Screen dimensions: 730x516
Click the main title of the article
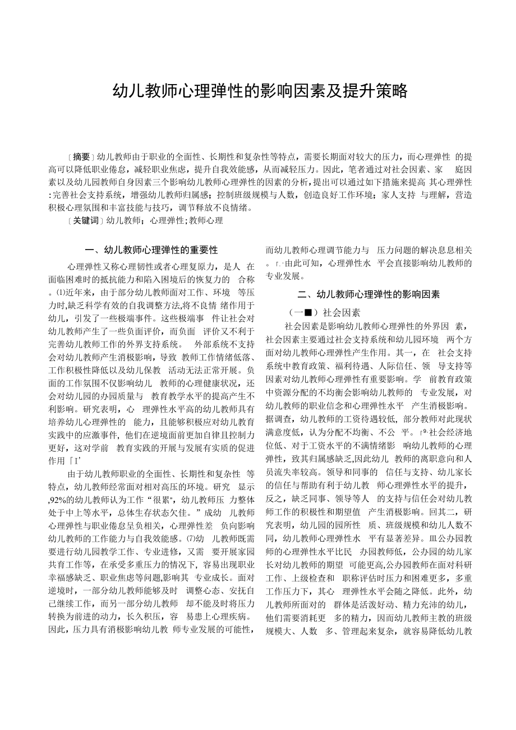(260, 91)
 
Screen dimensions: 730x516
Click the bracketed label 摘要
(82, 156)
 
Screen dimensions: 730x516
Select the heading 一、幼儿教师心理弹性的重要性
(150, 250)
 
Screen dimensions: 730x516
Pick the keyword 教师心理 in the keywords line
(206, 220)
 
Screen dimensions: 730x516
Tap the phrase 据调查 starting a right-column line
(279, 418)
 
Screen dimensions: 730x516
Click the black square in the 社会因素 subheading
(307, 312)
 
